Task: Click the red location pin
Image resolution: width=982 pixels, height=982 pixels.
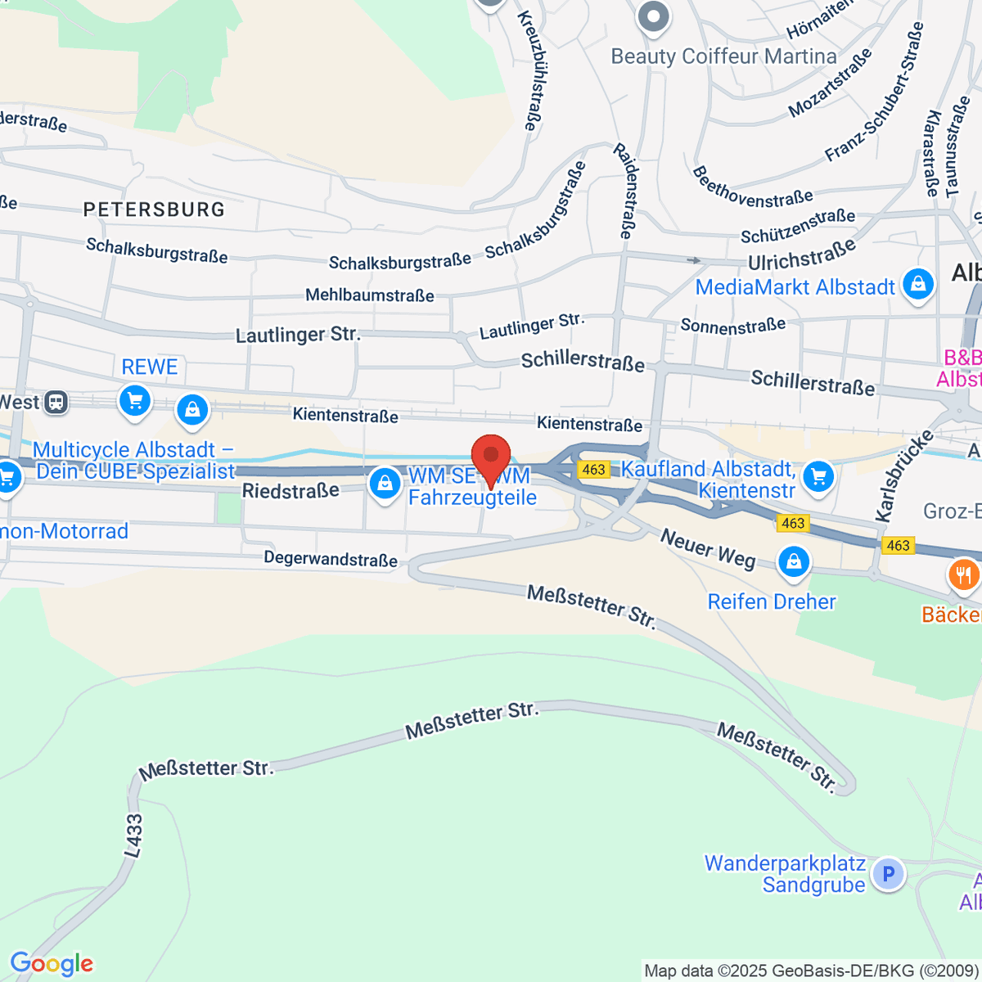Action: pyautogui.click(x=491, y=456)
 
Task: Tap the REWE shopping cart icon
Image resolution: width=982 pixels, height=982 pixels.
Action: pyautogui.click(x=135, y=401)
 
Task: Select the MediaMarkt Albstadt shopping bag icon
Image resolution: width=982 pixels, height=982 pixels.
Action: pyautogui.click(x=917, y=285)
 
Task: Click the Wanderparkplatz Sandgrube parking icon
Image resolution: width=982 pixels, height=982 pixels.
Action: pyautogui.click(x=888, y=873)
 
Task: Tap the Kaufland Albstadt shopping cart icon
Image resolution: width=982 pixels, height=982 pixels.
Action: pyautogui.click(x=818, y=476)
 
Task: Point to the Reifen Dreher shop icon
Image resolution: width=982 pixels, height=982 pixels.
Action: pyautogui.click(x=793, y=561)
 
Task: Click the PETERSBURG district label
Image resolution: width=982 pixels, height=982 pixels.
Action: pyautogui.click(x=154, y=209)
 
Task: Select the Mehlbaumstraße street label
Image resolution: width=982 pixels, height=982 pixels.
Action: pyautogui.click(x=369, y=295)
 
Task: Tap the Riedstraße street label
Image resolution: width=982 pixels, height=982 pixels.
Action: pyautogui.click(x=291, y=491)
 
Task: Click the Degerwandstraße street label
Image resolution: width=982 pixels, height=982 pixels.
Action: pyautogui.click(x=331, y=559)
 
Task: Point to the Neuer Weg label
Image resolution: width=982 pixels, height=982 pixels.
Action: pyautogui.click(x=708, y=549)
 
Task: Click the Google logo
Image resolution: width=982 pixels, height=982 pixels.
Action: pyautogui.click(x=52, y=964)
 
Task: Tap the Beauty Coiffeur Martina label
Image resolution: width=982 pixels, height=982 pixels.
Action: pyautogui.click(x=723, y=56)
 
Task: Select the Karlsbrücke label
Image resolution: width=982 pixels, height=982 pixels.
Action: pyautogui.click(x=903, y=475)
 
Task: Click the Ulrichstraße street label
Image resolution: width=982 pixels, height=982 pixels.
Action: pyautogui.click(x=802, y=255)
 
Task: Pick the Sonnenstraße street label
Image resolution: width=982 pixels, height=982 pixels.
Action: pyautogui.click(x=732, y=326)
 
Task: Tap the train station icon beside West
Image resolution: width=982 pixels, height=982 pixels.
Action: pyautogui.click(x=56, y=402)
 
